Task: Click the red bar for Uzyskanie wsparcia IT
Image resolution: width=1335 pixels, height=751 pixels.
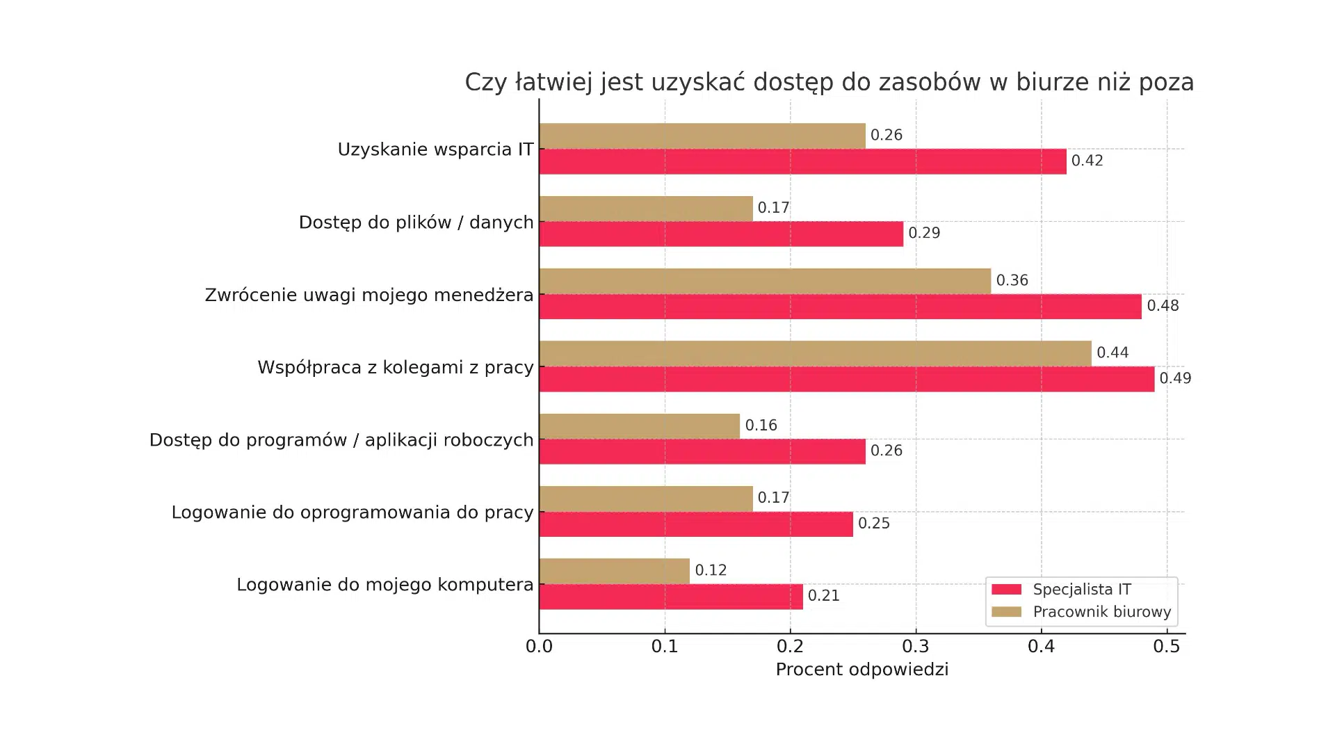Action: click(x=802, y=161)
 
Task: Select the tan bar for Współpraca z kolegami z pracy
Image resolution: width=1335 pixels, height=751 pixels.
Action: click(x=815, y=353)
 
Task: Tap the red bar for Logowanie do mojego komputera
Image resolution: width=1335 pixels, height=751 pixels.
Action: click(x=671, y=597)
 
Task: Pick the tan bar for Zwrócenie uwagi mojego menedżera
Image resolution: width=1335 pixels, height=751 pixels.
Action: click(x=765, y=281)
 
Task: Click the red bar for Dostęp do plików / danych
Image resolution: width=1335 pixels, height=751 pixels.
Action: click(x=721, y=234)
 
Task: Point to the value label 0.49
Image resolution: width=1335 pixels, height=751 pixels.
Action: click(x=1175, y=378)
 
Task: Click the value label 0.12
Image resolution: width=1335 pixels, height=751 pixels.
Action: click(x=711, y=570)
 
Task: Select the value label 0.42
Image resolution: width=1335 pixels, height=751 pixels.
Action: click(x=1087, y=161)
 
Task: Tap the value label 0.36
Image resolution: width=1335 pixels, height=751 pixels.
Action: click(x=1012, y=280)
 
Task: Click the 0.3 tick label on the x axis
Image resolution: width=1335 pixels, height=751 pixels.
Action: click(x=916, y=647)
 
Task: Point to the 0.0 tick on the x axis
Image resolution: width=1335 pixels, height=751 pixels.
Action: click(x=539, y=647)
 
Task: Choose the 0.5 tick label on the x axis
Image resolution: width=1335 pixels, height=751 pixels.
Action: click(x=1167, y=647)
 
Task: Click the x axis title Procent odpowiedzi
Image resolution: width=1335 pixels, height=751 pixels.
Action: click(x=861, y=670)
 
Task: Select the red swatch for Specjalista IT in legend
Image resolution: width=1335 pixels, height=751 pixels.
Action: click(x=1006, y=590)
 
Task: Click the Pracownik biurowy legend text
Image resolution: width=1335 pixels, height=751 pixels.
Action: click(x=1101, y=612)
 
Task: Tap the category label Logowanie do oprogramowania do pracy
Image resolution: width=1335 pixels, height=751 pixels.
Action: click(x=353, y=512)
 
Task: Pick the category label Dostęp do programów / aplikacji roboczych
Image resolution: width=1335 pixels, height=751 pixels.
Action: click(x=341, y=440)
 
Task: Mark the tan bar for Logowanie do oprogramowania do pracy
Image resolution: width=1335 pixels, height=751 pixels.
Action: click(x=646, y=499)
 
